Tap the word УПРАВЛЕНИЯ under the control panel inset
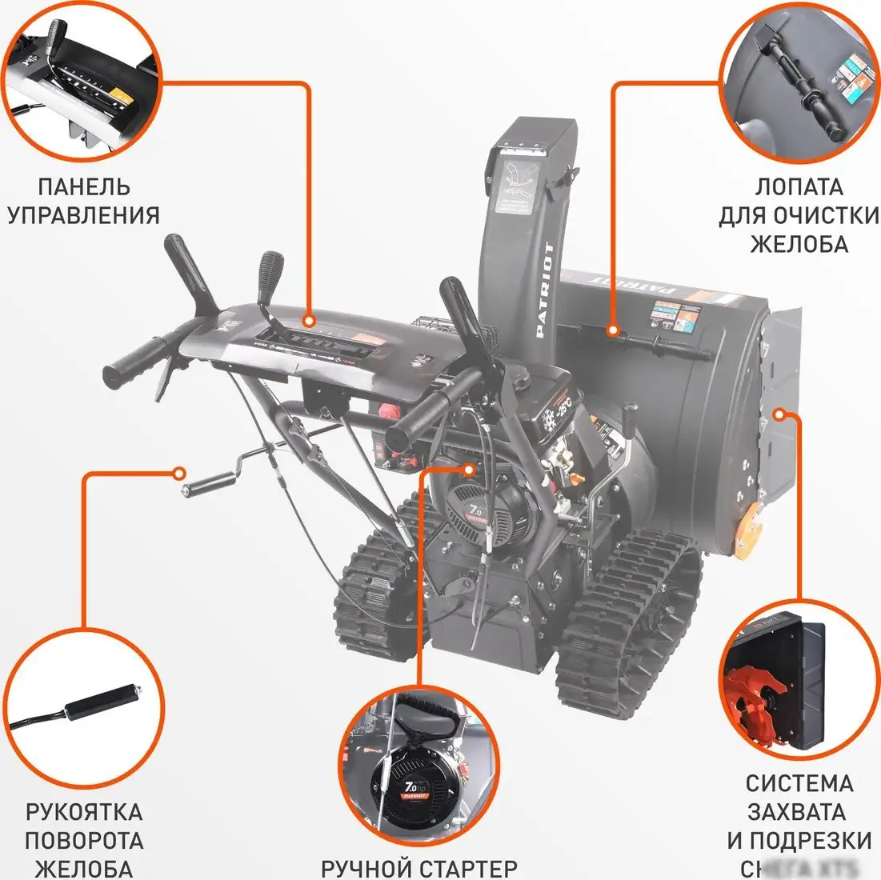tap(84, 215)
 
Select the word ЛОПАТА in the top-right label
tap(799, 186)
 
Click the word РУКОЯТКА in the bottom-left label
tap(84, 812)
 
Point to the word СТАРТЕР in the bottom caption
tap(467, 868)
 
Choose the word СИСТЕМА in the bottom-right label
tap(799, 783)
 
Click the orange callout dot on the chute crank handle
tap(182, 471)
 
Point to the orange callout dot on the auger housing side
tap(780, 414)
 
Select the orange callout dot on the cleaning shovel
tap(613, 330)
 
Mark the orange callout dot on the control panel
tap(308, 321)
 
